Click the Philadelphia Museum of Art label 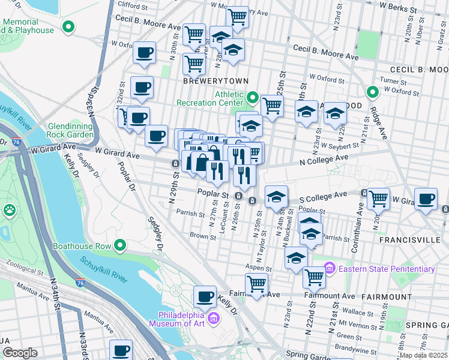coord(181,320)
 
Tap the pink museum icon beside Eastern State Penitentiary coord(329,267)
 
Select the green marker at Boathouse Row coord(120,245)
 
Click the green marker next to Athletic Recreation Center coord(253,97)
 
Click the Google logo coord(20,353)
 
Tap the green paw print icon coord(10,210)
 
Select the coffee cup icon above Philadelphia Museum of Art coord(205,296)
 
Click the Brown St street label coord(202,236)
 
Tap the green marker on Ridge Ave coord(372,92)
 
